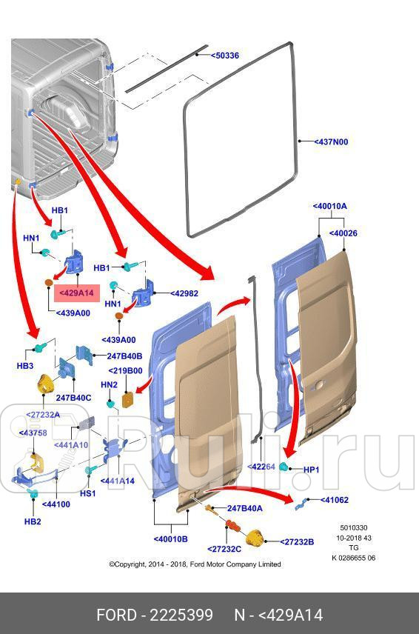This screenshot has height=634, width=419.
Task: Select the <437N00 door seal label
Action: coord(330,141)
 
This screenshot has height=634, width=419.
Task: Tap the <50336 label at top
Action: coord(224,56)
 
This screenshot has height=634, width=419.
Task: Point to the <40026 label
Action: coord(343,233)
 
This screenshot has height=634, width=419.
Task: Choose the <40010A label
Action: coord(329,206)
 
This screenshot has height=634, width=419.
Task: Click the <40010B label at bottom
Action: coord(170,538)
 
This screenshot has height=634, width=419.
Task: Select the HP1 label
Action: coord(312,470)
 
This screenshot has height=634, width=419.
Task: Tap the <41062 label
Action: coord(335,500)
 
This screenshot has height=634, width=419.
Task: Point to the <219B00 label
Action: coord(126,370)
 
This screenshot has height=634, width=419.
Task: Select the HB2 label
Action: coord(33,521)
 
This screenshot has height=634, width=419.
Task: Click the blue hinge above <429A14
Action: coord(76,265)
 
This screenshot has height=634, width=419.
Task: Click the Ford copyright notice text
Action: coord(195,564)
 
